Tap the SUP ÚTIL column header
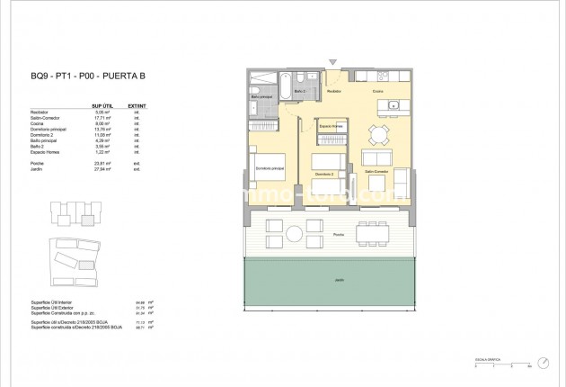102,105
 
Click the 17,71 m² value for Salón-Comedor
102,117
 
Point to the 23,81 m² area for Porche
102,163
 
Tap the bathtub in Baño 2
282,91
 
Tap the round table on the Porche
295,234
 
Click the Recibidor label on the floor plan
333,92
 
